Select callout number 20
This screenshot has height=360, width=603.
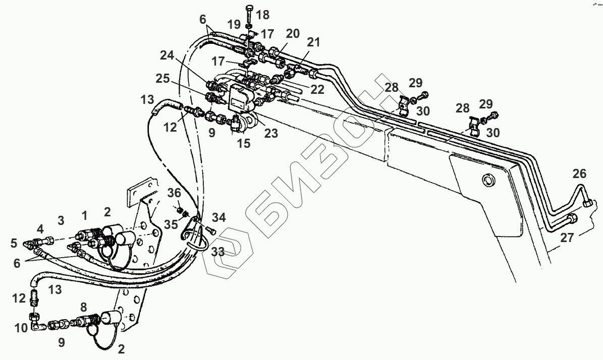[292, 34]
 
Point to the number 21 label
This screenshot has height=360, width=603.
[313, 43]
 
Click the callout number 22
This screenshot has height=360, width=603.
[318, 89]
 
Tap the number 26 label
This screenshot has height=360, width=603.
[580, 174]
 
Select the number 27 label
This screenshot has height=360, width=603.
[567, 237]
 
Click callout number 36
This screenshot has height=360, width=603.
[174, 193]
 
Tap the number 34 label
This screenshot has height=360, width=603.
[219, 217]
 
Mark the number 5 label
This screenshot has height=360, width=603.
[14, 244]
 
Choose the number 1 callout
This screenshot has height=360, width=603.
[85, 216]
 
